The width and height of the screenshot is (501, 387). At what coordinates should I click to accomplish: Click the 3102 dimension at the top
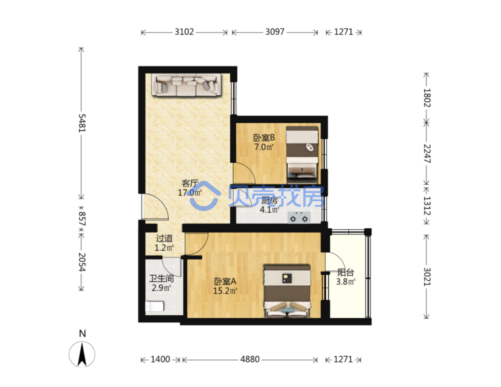pyautogui.click(x=184, y=32)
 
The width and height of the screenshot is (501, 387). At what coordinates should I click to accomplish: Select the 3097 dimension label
pyautogui.click(x=275, y=32)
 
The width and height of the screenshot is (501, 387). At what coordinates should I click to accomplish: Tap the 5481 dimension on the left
pyautogui.click(x=82, y=123)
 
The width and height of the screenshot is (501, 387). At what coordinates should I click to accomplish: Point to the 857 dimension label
pyautogui.click(x=82, y=219)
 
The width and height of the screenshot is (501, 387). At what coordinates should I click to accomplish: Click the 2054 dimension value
pyautogui.click(x=82, y=262)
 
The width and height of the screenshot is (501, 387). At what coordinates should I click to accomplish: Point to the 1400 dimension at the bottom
pyautogui.click(x=160, y=360)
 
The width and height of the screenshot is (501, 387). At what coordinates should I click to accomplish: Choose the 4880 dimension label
pyautogui.click(x=250, y=360)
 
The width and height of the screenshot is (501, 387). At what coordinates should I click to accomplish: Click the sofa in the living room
pyautogui.click(x=186, y=85)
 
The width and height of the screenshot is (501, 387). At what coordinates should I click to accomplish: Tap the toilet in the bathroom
pyautogui.click(x=154, y=306)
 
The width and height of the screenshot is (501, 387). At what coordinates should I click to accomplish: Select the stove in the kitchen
pyautogui.click(x=299, y=218)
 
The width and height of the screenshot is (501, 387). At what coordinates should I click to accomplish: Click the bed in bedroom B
pyautogui.click(x=302, y=155)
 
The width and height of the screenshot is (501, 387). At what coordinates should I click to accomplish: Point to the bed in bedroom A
pyautogui.click(x=287, y=291)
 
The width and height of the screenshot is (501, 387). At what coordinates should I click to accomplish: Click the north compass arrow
pyautogui.click(x=82, y=354)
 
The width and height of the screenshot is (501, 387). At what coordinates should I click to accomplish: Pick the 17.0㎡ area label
pyautogui.click(x=190, y=193)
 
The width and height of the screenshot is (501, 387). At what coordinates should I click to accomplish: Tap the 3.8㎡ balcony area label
pyautogui.click(x=346, y=281)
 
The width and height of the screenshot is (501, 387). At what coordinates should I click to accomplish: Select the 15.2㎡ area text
pyautogui.click(x=225, y=291)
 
